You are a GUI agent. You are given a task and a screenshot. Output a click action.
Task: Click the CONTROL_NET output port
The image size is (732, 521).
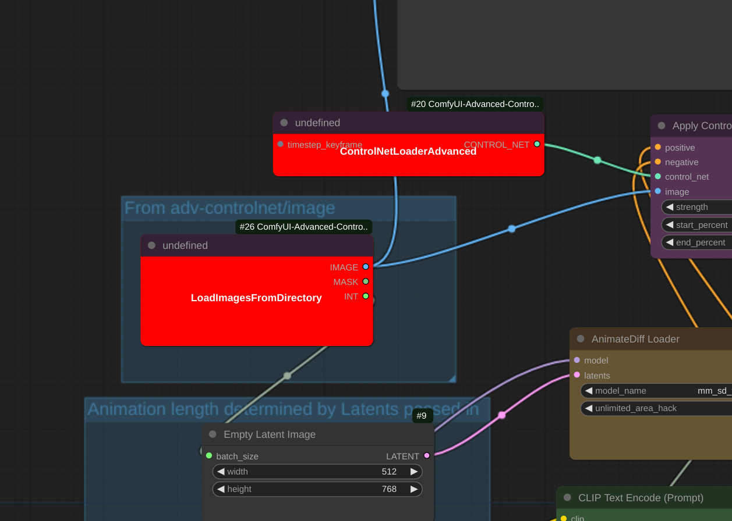(x=537, y=144)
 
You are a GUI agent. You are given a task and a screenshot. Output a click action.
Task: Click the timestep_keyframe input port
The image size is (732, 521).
(x=281, y=144)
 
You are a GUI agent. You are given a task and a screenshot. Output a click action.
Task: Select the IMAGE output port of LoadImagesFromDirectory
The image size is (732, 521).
(x=366, y=267)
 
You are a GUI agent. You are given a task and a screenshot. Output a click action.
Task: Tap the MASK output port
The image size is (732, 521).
(x=366, y=281)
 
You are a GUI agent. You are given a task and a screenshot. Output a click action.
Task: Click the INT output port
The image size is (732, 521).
(x=366, y=296)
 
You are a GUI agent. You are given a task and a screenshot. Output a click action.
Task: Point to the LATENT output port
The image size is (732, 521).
(x=427, y=456)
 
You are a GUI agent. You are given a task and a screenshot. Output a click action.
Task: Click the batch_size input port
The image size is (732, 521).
(x=209, y=456)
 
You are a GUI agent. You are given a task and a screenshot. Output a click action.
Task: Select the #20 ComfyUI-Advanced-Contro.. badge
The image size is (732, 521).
(x=475, y=104)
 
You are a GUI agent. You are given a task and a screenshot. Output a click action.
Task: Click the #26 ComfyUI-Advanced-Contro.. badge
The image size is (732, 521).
(x=303, y=227)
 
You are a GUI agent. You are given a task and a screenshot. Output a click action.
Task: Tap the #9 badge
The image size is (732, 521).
(x=422, y=416)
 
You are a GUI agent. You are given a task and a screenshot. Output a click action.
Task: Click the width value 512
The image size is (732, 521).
(x=389, y=472)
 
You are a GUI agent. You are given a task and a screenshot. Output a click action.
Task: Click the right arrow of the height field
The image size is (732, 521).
(x=414, y=489)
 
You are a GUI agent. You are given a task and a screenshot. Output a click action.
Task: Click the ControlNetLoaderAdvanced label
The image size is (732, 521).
(x=408, y=152)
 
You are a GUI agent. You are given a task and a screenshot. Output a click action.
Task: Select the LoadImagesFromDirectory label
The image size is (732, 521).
(x=256, y=298)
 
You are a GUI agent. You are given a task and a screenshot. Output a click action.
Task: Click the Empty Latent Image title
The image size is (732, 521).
(x=270, y=434)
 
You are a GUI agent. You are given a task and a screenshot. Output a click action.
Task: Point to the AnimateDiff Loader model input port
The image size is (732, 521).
(x=577, y=361)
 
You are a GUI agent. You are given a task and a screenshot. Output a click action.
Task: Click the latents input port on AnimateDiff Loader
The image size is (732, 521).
(x=577, y=375)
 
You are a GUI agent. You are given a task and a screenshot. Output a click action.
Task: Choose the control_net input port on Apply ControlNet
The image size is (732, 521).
(x=658, y=176)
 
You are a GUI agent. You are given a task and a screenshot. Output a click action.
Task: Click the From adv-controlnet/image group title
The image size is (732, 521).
(x=229, y=208)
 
